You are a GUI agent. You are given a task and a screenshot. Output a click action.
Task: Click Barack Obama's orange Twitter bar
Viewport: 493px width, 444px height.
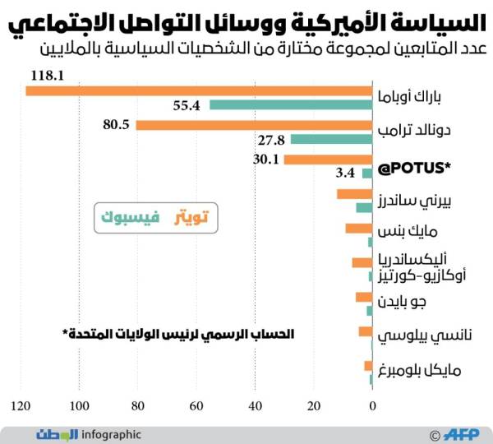pos(198,90)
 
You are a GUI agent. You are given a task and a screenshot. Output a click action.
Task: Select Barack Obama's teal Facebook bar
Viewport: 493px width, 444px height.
pos(291,104)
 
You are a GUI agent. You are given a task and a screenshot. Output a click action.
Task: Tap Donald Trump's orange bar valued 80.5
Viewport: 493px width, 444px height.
pos(254,125)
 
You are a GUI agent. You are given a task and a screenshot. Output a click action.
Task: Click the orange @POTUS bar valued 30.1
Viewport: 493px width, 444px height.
pos(328,160)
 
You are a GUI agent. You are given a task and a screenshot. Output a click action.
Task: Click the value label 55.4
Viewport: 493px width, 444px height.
pos(187,105)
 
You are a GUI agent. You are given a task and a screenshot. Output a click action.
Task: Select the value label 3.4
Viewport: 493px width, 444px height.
pos(345,173)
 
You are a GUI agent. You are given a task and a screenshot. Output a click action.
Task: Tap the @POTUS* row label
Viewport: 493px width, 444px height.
pos(414,169)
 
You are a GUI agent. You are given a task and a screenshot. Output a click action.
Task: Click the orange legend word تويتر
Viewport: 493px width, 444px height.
pos(193,217)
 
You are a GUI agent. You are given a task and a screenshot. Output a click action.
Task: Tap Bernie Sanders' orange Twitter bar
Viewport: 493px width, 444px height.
pos(354,194)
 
